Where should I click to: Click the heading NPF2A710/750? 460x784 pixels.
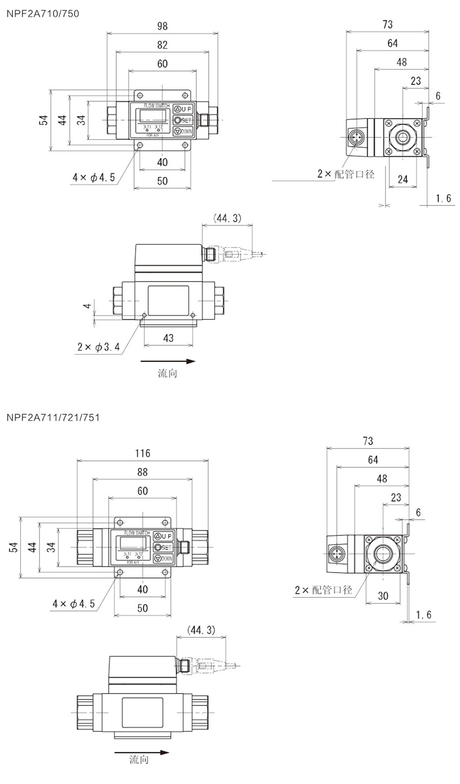(x=43, y=14)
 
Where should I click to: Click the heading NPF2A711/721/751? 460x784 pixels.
(x=53, y=417)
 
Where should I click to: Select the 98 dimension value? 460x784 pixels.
(x=162, y=26)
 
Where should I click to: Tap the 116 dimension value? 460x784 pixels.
(x=142, y=453)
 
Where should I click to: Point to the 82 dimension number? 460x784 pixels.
(x=162, y=45)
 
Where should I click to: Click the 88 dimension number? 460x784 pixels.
(x=142, y=472)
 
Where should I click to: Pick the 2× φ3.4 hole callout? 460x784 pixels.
(x=98, y=347)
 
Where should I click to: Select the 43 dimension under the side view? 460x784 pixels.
(x=168, y=338)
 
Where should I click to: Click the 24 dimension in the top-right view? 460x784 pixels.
(x=403, y=179)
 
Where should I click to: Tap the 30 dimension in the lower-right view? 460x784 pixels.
(x=383, y=596)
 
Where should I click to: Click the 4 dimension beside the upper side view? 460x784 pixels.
(x=87, y=306)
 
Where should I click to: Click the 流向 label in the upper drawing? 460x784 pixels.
(x=167, y=373)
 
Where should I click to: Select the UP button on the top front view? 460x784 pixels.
(x=183, y=109)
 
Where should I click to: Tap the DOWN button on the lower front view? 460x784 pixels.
(x=163, y=559)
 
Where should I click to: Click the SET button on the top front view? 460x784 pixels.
(x=183, y=120)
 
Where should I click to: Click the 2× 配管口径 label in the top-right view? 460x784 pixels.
(x=346, y=174)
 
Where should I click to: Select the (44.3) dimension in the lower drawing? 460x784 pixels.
(x=201, y=630)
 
